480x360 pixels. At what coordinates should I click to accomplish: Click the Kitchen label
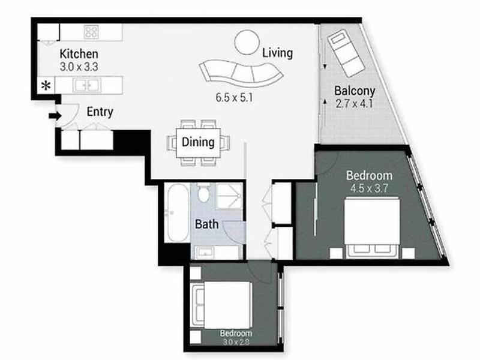[79, 54]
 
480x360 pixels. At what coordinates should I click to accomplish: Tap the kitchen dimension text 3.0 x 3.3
[79, 67]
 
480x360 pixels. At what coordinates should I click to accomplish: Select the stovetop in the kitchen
[92, 32]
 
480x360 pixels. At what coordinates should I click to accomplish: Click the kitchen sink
[87, 85]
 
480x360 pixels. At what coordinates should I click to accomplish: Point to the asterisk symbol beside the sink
[46, 86]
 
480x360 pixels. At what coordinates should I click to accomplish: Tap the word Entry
[100, 112]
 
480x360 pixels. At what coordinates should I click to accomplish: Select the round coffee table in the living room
[247, 42]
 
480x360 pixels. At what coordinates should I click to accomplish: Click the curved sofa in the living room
[241, 73]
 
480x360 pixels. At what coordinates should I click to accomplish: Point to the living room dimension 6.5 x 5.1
[234, 98]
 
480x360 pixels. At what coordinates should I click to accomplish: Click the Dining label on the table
[198, 142]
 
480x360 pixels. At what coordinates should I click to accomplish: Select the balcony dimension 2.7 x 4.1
[354, 104]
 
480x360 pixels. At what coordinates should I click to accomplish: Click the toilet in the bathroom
[203, 193]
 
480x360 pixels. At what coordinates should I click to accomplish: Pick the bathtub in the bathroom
[176, 212]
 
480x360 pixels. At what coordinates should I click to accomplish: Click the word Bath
[206, 224]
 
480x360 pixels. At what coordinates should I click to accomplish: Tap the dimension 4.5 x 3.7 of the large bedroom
[369, 188]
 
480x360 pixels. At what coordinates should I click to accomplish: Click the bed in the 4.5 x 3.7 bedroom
[372, 228]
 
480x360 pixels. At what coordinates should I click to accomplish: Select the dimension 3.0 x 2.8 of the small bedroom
[236, 341]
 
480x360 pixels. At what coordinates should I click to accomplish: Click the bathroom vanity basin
[203, 253]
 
